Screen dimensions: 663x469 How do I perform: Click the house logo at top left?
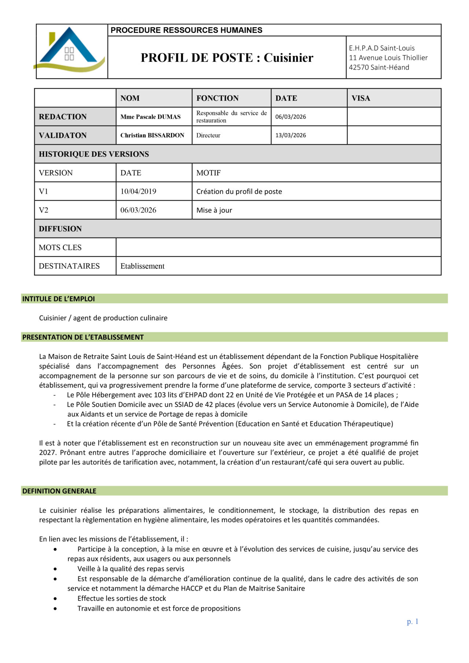coord(70,50)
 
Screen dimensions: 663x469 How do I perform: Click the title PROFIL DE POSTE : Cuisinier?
coord(227,58)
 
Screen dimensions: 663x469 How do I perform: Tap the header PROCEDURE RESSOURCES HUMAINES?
coord(187,30)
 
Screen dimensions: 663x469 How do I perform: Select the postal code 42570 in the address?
coord(359,67)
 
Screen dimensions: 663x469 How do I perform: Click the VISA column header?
coord(361,98)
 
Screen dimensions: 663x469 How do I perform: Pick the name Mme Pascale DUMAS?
coord(150,117)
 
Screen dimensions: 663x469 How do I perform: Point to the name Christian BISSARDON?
coord(152,135)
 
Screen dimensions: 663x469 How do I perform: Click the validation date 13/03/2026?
coord(291,135)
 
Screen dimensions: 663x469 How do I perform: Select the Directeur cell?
coord(208,135)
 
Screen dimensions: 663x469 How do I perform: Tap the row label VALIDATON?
coord(63,135)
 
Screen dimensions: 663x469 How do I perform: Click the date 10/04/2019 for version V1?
coord(138,191)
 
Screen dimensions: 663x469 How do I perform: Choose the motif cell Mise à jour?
coord(214,210)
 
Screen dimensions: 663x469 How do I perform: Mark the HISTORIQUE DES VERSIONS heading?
coord(94,154)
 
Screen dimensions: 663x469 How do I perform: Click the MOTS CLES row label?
coord(60,248)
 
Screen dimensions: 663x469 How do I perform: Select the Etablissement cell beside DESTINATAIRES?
coord(142,266)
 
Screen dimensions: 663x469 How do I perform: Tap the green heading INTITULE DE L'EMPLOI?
coord(59,299)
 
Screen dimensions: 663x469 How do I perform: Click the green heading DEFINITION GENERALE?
coord(59,491)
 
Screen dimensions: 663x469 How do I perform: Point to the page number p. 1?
coord(412,622)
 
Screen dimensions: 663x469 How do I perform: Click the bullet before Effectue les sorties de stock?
coord(55,599)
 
